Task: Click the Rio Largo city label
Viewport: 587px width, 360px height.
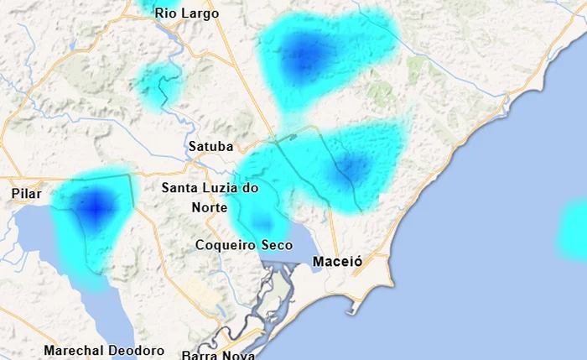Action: pos(186,13)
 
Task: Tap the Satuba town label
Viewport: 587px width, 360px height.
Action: pos(210,146)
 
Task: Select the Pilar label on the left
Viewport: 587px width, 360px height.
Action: pos(26,194)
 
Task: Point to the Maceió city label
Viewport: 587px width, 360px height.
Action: pos(337,262)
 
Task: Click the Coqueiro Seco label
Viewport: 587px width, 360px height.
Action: pos(244,245)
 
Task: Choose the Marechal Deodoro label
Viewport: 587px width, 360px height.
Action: pos(104,350)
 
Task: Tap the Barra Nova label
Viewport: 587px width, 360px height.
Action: pos(218,354)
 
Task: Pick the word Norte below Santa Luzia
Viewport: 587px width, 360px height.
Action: pos(210,207)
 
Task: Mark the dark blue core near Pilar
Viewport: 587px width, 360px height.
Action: pos(96,204)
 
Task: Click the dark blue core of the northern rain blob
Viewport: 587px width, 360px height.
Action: pos(302,56)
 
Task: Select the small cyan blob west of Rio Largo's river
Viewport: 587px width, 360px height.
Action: pos(158,82)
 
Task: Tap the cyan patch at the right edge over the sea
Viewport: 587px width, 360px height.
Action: pos(574,228)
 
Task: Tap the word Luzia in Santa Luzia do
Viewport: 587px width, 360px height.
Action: pos(219,188)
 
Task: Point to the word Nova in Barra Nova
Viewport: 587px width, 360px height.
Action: pos(237,354)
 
